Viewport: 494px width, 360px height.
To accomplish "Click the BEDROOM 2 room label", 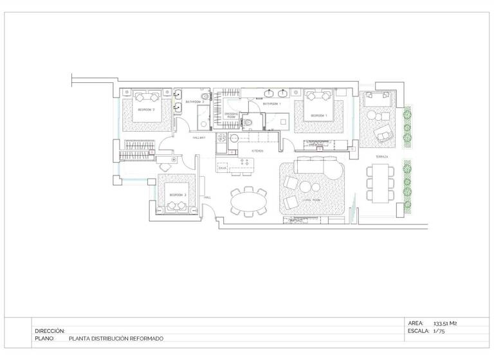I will click(x=147, y=110).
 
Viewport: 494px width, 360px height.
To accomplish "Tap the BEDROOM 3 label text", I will click(x=178, y=194).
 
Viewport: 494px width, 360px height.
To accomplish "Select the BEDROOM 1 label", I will click(x=319, y=116).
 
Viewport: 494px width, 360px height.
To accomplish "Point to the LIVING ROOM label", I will click(x=312, y=200).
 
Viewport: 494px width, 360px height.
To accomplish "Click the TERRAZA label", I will click(x=382, y=157).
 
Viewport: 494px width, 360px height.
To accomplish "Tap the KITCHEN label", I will click(x=257, y=151).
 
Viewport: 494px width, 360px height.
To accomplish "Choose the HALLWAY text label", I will click(x=199, y=138).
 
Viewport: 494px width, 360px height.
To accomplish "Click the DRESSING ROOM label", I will click(x=232, y=115).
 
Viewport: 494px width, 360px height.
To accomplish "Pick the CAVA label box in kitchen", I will click(x=223, y=168).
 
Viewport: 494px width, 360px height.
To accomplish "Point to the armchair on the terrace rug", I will click(x=383, y=136).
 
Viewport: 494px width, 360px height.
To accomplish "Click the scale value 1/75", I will click(x=440, y=332).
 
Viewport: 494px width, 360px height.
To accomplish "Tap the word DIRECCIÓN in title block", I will click(x=50, y=331).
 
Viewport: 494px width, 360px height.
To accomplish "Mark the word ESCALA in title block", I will click(x=419, y=332).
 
